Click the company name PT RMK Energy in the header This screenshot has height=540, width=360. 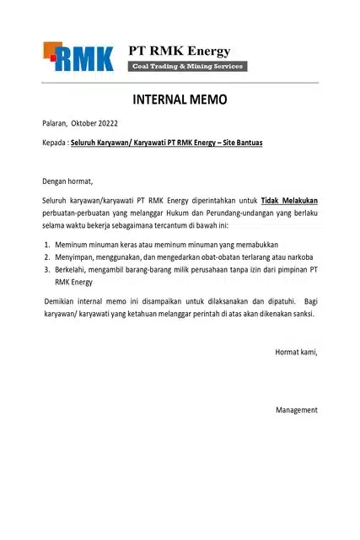(179, 51)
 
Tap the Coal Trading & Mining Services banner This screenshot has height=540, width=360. (186, 67)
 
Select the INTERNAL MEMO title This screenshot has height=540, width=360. (180, 100)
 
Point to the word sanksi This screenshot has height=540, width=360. (302, 314)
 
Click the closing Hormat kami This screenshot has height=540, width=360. (296, 352)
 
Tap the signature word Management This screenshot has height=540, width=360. (296, 410)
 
